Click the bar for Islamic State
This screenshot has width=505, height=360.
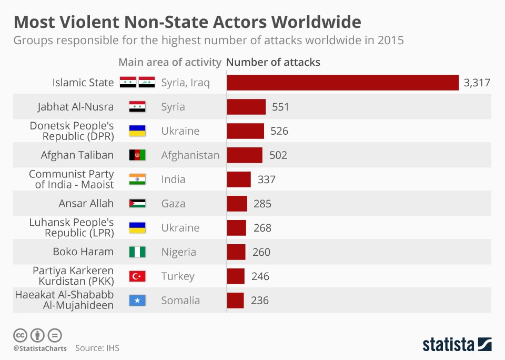point(342,83)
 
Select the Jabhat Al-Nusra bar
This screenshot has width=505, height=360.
point(246,107)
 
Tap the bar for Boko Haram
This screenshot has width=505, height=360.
point(236,252)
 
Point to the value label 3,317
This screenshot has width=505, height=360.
point(477,83)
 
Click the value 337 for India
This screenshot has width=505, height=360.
point(267,179)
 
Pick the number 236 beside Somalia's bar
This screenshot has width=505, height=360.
point(260,301)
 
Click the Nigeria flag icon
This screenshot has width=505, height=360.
point(137,252)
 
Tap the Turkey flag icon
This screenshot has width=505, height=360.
point(137,276)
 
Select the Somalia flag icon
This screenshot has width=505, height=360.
point(137,301)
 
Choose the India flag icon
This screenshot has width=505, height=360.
point(137,179)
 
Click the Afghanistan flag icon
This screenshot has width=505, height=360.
point(137,155)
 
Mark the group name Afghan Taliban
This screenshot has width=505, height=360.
point(77,155)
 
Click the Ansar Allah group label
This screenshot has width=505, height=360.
point(86,204)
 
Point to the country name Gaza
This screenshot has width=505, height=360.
point(173,204)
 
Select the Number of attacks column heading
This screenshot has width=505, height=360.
point(273,62)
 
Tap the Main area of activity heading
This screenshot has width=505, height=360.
point(170,62)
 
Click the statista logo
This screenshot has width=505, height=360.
point(457,345)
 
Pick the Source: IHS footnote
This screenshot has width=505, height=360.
point(97,348)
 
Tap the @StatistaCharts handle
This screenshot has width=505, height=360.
point(40,348)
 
